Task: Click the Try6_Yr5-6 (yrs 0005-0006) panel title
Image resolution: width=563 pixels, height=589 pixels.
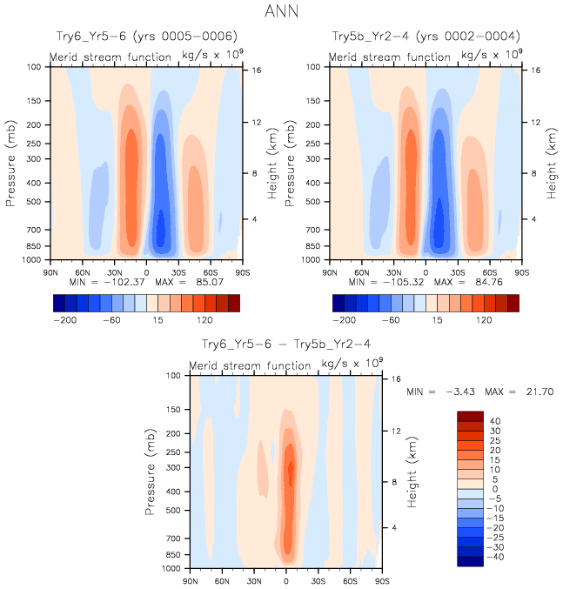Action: pos(144,37)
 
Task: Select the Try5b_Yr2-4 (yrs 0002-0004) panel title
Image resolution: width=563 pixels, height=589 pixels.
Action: pos(426,37)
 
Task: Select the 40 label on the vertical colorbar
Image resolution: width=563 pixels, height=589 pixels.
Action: pos(495,422)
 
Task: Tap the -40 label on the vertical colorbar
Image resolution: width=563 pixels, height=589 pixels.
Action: pos(493,556)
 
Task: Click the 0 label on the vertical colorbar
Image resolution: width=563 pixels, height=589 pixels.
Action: pos(493,489)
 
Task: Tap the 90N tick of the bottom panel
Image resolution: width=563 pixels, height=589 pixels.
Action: pos(191,580)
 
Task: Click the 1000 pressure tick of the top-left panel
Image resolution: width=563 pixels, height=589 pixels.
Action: pos(37,259)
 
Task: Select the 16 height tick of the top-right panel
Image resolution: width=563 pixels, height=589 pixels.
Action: pos(536,70)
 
